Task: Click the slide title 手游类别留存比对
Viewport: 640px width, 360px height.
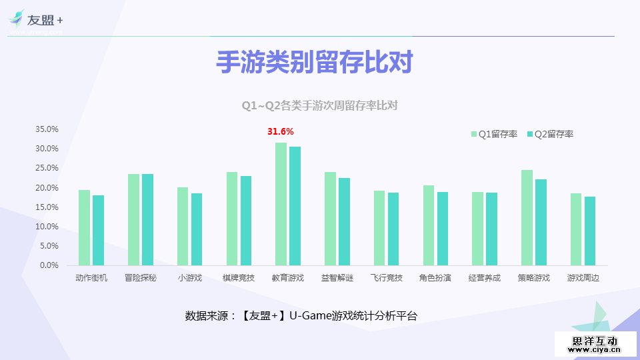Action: pyautogui.click(x=315, y=63)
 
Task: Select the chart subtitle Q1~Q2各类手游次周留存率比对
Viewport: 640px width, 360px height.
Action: pyautogui.click(x=319, y=106)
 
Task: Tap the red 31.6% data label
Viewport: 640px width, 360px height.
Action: pyautogui.click(x=281, y=131)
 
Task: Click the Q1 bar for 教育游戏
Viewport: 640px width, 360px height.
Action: pyautogui.click(x=281, y=204)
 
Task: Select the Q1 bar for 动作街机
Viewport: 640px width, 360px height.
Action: pyautogui.click(x=84, y=227)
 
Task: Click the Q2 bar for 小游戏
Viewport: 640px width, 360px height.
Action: pyautogui.click(x=197, y=229)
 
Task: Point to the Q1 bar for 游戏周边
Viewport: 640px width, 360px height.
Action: pyautogui.click(x=576, y=229)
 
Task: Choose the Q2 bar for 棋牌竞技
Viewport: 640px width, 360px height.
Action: pyautogui.click(x=246, y=221)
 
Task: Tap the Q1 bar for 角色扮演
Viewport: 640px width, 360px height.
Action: pyautogui.click(x=428, y=225)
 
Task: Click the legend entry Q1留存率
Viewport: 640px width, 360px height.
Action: pyautogui.click(x=494, y=134)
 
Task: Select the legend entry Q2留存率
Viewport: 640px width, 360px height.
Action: pyautogui.click(x=550, y=134)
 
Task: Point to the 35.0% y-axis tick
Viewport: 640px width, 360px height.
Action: pyautogui.click(x=47, y=129)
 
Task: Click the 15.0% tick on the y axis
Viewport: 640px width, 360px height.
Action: pyautogui.click(x=47, y=207)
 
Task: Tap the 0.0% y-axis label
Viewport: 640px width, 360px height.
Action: pyautogui.click(x=49, y=265)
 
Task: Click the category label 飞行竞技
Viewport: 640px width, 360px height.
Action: pyautogui.click(x=387, y=278)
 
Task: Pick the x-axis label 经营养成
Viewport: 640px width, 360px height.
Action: pyautogui.click(x=485, y=278)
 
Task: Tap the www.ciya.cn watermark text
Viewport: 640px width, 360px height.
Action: pyautogui.click(x=595, y=349)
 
